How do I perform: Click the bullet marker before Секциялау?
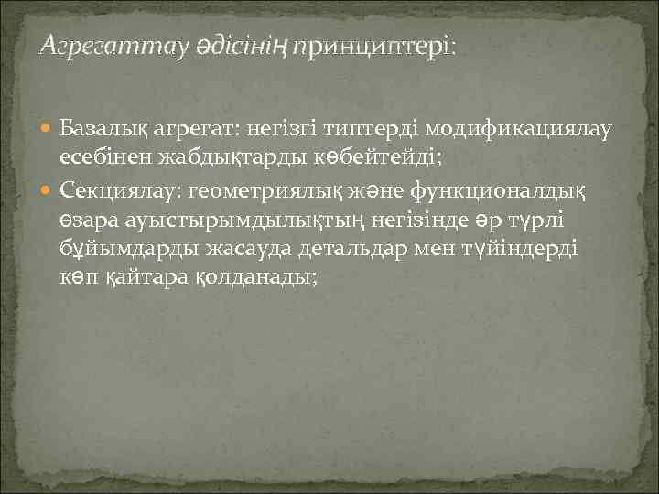coord(49,190)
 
